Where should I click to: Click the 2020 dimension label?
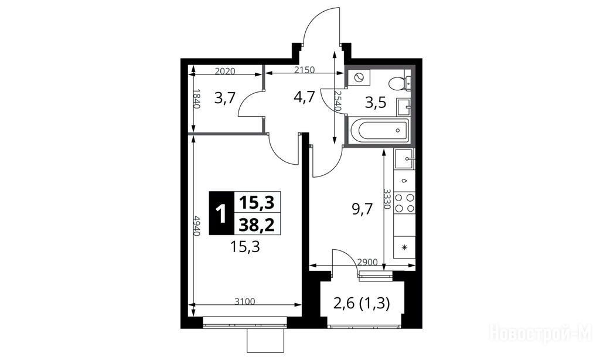click(224, 71)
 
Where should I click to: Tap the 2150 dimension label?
click(304, 70)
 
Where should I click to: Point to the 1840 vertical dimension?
click(197, 99)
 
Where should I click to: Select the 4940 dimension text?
click(197, 226)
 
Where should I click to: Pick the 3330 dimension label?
click(387, 199)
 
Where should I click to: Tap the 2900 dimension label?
click(367, 262)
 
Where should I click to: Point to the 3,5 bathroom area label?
click(375, 103)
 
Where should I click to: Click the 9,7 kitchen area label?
click(362, 209)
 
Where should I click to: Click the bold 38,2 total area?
click(257, 225)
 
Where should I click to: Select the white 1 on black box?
click(221, 213)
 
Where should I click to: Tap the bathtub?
click(380, 130)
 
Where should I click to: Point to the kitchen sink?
click(404, 158)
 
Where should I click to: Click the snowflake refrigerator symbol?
click(404, 247)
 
